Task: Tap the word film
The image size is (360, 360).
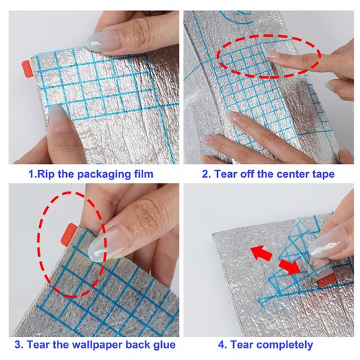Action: [143, 174]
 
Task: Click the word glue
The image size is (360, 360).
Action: [164, 345]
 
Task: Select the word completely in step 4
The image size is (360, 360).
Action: [282, 345]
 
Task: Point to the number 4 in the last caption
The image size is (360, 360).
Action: [222, 345]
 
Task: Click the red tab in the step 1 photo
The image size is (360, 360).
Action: [27, 69]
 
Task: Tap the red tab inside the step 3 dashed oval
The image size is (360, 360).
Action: [69, 233]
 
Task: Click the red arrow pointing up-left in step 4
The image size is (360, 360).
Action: [261, 253]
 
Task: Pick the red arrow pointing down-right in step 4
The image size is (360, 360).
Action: [289, 266]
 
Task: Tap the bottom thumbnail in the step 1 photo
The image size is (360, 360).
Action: [57, 118]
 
